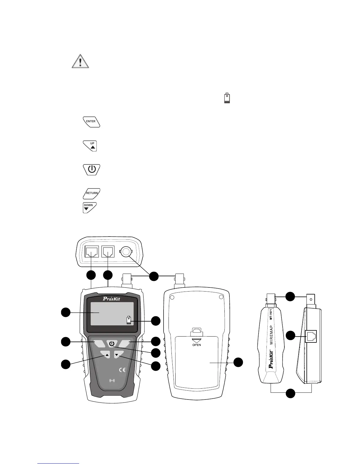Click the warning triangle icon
coord(80,61)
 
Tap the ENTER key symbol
coord(91,122)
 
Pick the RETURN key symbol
coord(91,194)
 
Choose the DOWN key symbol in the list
coord(89,207)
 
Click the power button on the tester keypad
coord(112,343)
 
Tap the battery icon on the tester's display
coord(129,320)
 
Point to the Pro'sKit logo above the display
coord(111,299)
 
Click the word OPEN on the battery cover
coord(196,344)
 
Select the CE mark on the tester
coord(122,370)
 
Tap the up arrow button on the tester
coord(107,355)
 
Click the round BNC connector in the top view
coord(126,252)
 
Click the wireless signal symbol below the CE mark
coord(112,380)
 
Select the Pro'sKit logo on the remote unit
coord(271,359)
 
